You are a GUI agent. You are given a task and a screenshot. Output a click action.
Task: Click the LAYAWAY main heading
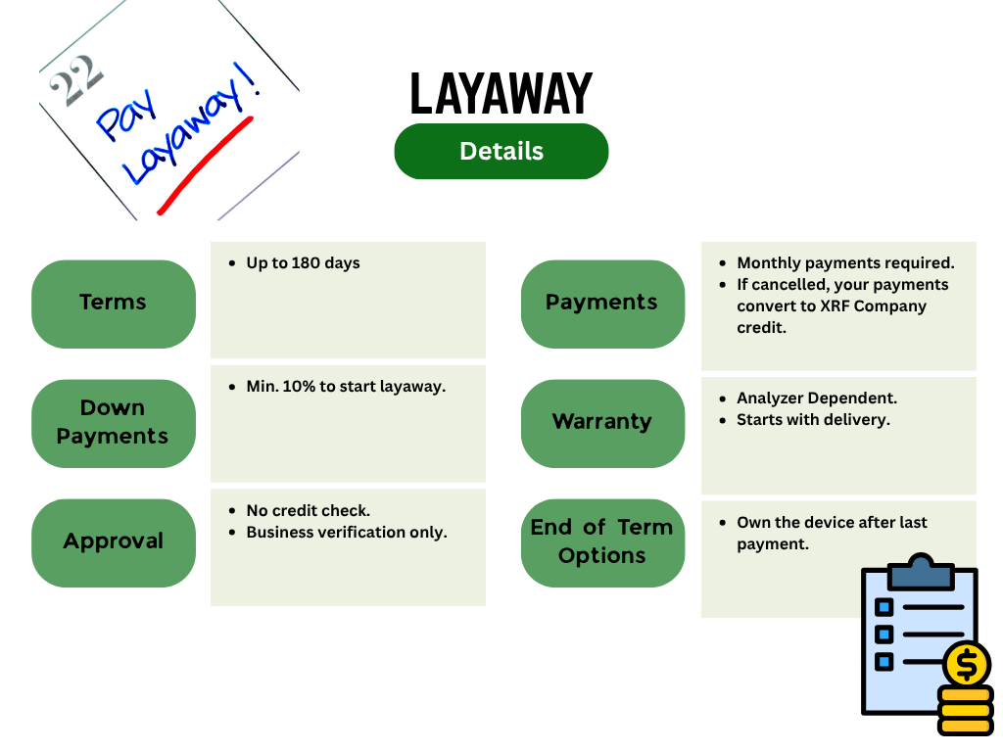coord(501,93)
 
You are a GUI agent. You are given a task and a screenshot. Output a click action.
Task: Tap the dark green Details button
coord(501,152)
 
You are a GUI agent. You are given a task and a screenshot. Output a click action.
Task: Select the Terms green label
coord(114,304)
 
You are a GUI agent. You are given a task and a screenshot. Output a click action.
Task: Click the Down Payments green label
coord(114,423)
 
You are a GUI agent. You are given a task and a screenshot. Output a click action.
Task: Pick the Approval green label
coord(114,542)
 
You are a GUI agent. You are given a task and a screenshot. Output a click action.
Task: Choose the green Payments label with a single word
coord(602,304)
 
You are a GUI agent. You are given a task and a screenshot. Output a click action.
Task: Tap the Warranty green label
coord(602,423)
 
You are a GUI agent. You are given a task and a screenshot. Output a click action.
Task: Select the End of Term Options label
coord(602,542)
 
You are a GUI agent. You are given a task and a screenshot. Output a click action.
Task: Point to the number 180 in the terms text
coord(306,262)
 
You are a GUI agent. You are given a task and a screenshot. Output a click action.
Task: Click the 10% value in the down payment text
coord(299,386)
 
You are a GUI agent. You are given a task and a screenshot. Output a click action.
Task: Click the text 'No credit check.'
coord(309,510)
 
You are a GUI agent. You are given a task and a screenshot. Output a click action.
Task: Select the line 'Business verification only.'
coord(347,532)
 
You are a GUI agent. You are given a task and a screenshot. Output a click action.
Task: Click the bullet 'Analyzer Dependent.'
coord(817,398)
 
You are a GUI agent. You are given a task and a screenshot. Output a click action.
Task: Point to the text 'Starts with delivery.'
coord(813,419)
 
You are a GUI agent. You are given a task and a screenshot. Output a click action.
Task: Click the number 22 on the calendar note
coord(75,80)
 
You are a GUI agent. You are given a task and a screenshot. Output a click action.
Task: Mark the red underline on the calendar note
coord(205,164)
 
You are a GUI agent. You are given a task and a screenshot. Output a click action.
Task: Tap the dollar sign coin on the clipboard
coord(967,665)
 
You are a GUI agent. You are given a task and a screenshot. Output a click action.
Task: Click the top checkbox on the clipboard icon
coord(884,606)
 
